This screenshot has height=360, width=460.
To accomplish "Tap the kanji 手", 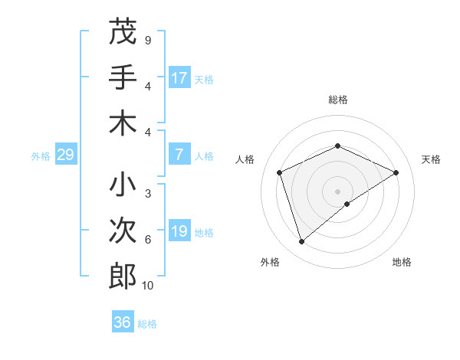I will tap(123, 77).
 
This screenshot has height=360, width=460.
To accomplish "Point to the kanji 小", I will tap(123, 185).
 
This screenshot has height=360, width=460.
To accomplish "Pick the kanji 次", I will tap(123, 231).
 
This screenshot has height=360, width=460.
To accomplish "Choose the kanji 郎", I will tap(123, 276).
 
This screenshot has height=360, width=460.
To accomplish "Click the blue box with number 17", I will tap(179, 78).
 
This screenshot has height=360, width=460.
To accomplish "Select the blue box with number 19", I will tap(179, 231).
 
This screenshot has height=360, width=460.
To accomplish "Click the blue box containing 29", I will tap(65, 155).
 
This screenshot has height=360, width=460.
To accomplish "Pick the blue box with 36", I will tap(123, 322).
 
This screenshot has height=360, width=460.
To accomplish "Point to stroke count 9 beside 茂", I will tap(148, 40).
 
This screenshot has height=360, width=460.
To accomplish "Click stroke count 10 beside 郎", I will tap(148, 286).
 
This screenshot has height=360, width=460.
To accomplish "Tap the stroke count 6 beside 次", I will tap(148, 240).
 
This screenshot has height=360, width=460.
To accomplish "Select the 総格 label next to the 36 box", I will tap(147, 324).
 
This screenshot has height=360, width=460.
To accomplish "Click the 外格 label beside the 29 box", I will tap(41, 156).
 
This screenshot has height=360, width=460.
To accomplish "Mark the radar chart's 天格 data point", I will tap(396, 172).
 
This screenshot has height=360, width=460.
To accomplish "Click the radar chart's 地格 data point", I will tap(347, 203).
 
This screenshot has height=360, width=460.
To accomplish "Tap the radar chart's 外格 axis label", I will tap(270, 262).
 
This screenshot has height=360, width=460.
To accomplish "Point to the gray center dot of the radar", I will tap(337, 191).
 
